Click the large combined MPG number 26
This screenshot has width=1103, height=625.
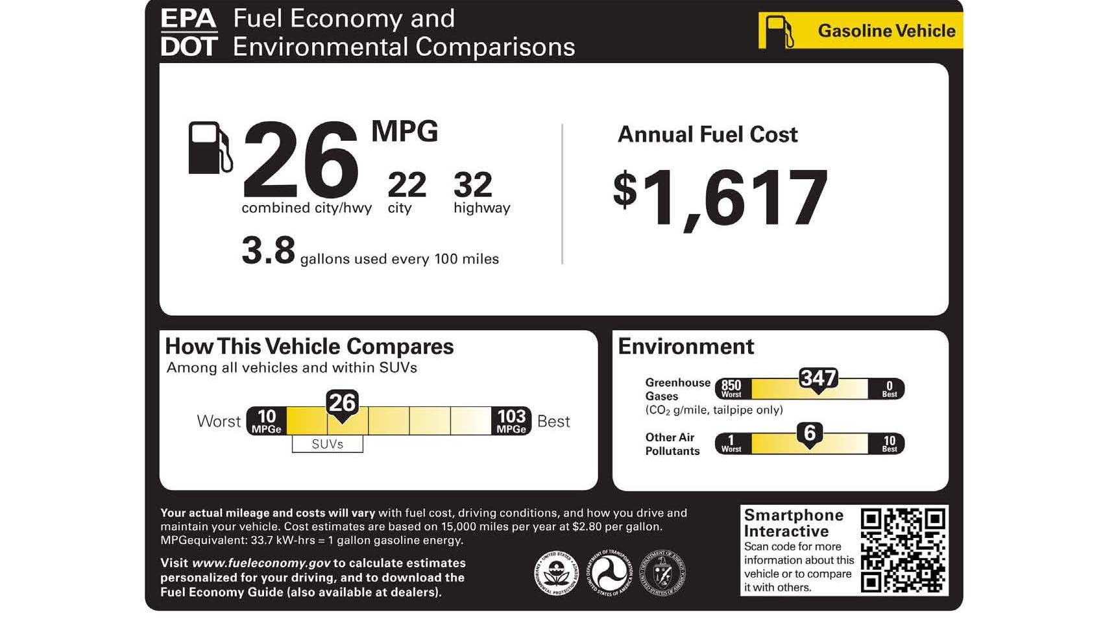[x=300, y=161]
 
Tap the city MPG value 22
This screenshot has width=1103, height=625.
[x=406, y=185]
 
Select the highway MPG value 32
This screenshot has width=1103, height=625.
[x=473, y=185]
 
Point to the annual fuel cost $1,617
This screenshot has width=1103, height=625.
[x=720, y=198]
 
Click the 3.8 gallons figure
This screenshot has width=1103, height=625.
[x=268, y=251]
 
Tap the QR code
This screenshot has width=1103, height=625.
[x=903, y=550]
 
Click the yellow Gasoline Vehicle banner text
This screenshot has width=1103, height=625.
[x=886, y=31]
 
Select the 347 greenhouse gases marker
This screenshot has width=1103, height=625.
[x=818, y=379]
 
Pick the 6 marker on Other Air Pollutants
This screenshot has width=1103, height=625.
[x=810, y=434]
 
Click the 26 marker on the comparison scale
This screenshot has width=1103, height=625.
[x=342, y=404]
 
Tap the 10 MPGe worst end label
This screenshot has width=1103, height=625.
[x=266, y=421]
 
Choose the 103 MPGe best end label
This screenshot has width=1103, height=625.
[x=511, y=421]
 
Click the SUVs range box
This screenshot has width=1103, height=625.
[x=327, y=444]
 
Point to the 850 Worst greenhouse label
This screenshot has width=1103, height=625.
[x=731, y=388]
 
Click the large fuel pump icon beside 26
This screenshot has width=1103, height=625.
[x=209, y=148]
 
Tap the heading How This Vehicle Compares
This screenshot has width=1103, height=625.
[x=309, y=347]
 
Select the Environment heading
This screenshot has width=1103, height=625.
[x=685, y=347]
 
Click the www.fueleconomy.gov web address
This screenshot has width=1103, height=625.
[x=261, y=563]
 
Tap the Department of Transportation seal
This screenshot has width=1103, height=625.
[x=609, y=573]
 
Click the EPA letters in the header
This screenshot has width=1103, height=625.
[x=188, y=18]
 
